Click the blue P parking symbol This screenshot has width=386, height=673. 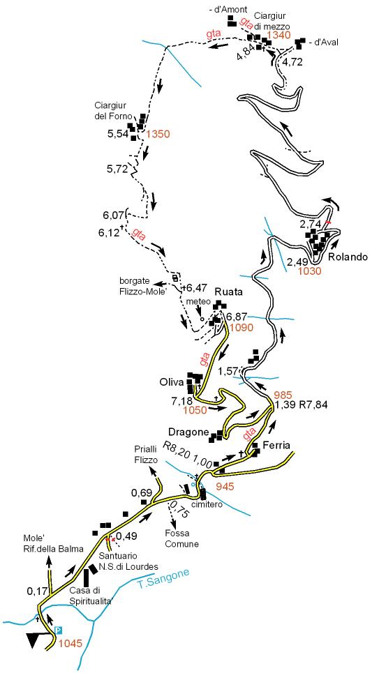pyautogui.click(x=59, y=630)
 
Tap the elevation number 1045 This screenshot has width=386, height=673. pyautogui.click(x=71, y=644)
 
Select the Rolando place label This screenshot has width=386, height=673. pyautogui.click(x=348, y=257)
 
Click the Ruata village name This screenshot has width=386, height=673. pyautogui.click(x=229, y=292)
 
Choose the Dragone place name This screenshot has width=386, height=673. pyautogui.click(x=188, y=432)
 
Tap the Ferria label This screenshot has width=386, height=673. pyautogui.click(x=277, y=446)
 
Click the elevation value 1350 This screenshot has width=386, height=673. pyautogui.click(x=158, y=134)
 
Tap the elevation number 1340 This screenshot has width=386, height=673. pyautogui.click(x=279, y=36)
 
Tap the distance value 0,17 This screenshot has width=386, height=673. pyautogui.click(x=36, y=592)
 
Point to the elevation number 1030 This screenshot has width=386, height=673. pyautogui.click(x=311, y=271)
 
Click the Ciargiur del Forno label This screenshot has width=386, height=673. pyautogui.click(x=114, y=110)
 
